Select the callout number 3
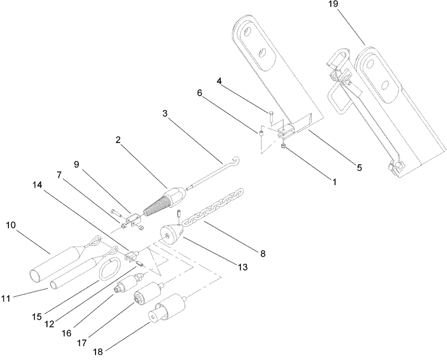click(165, 113)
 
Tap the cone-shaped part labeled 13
click(169, 234)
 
